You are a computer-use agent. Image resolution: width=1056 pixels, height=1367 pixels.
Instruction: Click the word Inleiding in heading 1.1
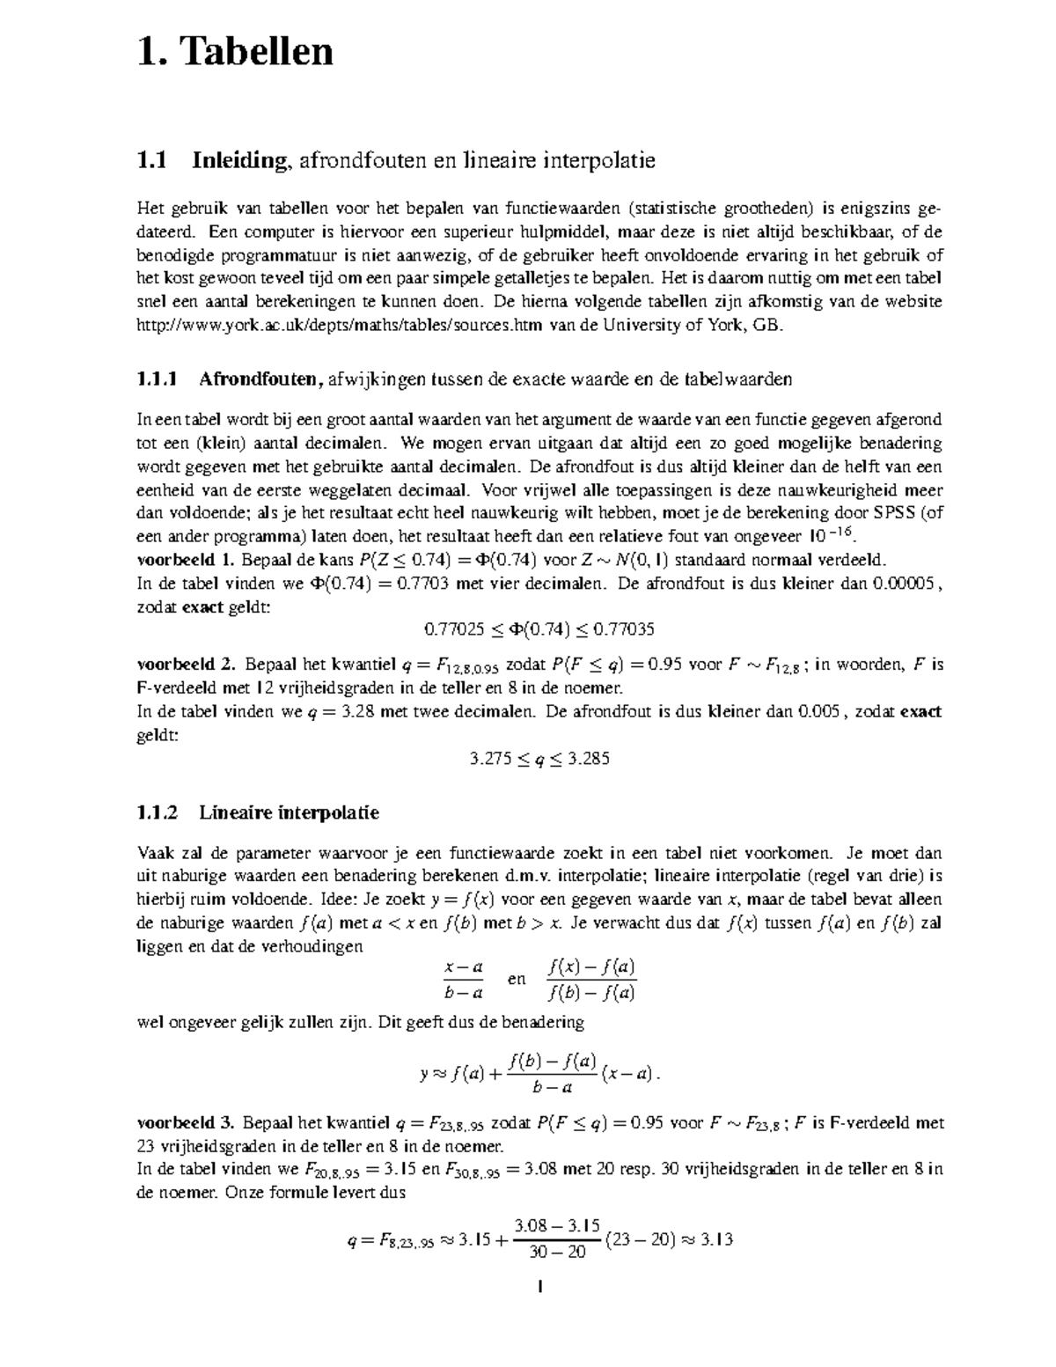239,161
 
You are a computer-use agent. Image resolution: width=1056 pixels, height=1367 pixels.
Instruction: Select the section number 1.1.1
158,379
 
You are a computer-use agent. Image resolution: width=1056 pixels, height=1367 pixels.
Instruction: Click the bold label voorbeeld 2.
187,665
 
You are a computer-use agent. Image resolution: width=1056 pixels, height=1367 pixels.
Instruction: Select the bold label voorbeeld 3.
186,1123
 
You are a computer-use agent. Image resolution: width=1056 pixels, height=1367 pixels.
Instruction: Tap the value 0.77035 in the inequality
624,629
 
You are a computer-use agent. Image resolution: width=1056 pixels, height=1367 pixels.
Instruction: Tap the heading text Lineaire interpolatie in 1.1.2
289,812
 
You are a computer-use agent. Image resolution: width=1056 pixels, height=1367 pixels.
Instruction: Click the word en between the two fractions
517,979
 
